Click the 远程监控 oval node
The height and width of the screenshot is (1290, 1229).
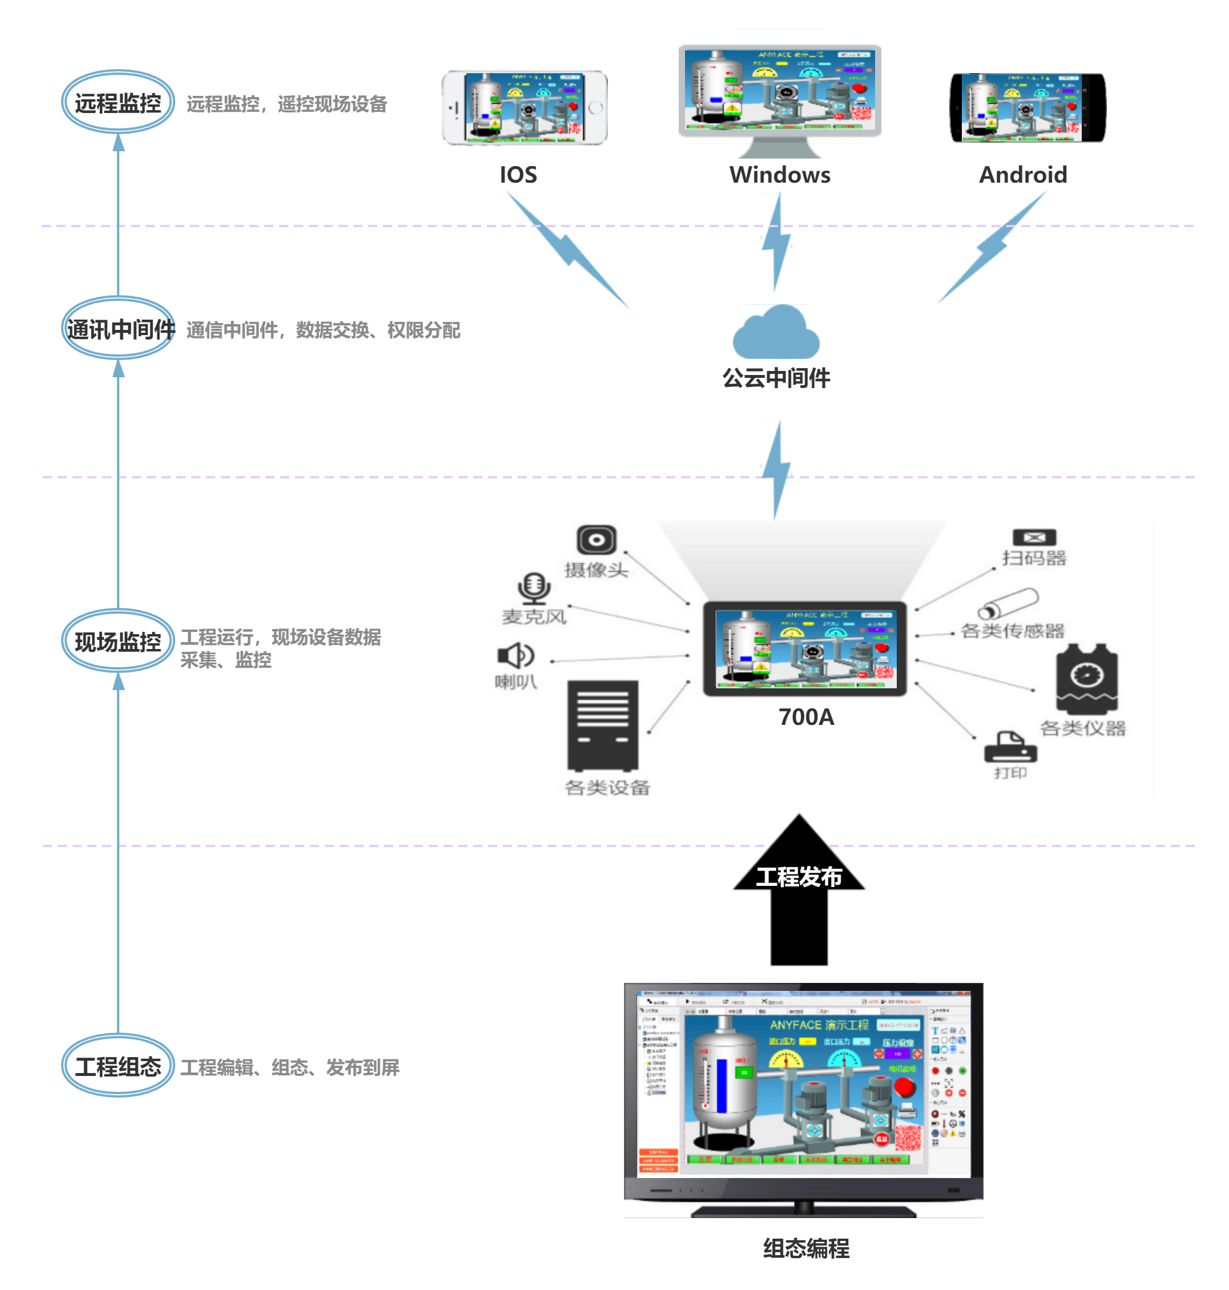tap(118, 102)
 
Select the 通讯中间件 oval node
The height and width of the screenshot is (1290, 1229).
tap(119, 328)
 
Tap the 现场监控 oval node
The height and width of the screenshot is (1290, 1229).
tap(118, 641)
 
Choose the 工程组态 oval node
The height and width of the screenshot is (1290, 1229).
tap(118, 1066)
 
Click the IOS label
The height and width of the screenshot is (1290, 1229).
tap(518, 175)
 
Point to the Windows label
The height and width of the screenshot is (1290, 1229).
tap(780, 175)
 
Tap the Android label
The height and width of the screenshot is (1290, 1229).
tap(1022, 175)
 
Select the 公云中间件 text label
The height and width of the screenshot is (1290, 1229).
tap(776, 378)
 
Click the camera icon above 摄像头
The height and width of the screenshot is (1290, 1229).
tap(596, 540)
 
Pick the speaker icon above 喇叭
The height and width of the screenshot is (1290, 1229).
tap(515, 655)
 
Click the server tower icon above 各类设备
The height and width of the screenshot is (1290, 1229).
tap(603, 725)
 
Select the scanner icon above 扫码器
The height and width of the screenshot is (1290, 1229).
tap(1034, 538)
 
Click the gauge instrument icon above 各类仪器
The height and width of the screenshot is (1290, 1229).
tap(1087, 679)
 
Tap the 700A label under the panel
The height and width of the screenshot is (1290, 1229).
tap(806, 717)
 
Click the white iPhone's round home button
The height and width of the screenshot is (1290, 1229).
tap(595, 108)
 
